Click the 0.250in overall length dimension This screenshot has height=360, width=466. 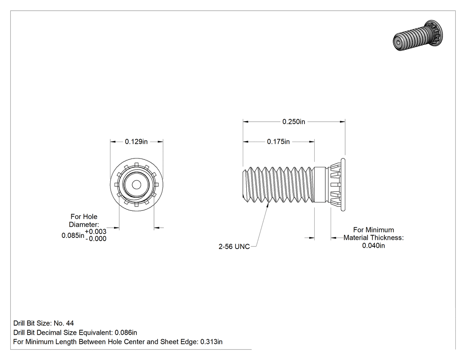[294, 122]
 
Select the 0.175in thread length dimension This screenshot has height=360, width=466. [278, 142]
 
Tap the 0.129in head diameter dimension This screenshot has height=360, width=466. [136, 142]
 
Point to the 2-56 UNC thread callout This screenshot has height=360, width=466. [234, 246]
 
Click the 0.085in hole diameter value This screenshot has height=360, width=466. [73, 235]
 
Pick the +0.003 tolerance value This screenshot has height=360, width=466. [95, 232]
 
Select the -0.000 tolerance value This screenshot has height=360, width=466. [96, 239]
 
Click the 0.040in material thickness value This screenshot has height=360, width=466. [373, 245]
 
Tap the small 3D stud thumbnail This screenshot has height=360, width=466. [418, 36]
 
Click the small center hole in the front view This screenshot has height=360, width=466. [136, 185]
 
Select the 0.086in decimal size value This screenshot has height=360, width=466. [126, 332]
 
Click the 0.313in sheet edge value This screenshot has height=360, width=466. [211, 342]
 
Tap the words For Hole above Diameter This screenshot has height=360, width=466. [84, 217]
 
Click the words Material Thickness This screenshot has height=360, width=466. [374, 238]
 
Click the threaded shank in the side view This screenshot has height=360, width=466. [278, 185]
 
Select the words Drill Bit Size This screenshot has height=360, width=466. [32, 323]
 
